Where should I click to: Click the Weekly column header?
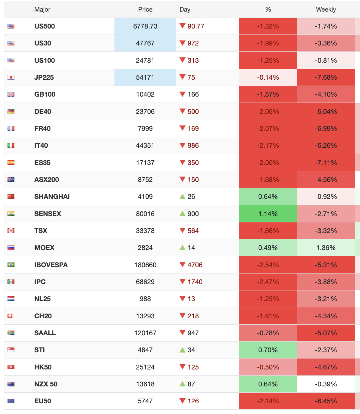coord(326,9)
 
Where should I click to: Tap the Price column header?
coord(145,9)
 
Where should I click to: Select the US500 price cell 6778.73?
coord(145,26)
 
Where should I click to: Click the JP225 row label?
coord(44,77)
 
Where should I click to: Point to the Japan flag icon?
coord(11,77)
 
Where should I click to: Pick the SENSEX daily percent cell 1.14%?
coord(268,214)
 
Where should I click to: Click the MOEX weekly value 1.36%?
coord(326,248)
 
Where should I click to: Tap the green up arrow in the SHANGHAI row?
coord(183,197)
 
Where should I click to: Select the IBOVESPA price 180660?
coord(145,265)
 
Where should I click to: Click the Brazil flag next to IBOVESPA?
coord(11,265)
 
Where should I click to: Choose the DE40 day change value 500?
coord(193,112)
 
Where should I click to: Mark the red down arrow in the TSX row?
coord(183,231)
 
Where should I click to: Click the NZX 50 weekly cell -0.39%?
coord(326,384)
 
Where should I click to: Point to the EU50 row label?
coord(43,401)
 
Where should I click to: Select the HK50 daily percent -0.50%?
coord(268,367)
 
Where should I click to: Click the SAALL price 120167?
coord(145,333)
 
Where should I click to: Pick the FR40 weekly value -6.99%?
coord(326,129)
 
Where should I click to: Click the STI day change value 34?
coord(191,350)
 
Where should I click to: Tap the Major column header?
coord(42,9)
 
